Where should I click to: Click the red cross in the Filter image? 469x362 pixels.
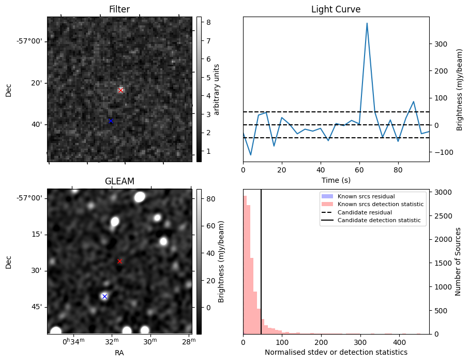121,90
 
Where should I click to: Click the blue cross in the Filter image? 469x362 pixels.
111,121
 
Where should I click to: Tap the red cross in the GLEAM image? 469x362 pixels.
119,261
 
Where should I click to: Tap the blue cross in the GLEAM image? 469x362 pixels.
104,296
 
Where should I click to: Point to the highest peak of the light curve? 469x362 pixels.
367,23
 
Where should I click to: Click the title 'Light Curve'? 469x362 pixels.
336,9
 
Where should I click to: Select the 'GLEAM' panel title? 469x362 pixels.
119,181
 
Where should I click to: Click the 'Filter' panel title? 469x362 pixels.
119,9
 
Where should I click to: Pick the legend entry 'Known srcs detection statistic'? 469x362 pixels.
381,204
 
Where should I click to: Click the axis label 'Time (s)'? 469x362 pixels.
336,180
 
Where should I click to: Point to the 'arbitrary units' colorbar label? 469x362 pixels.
217,89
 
